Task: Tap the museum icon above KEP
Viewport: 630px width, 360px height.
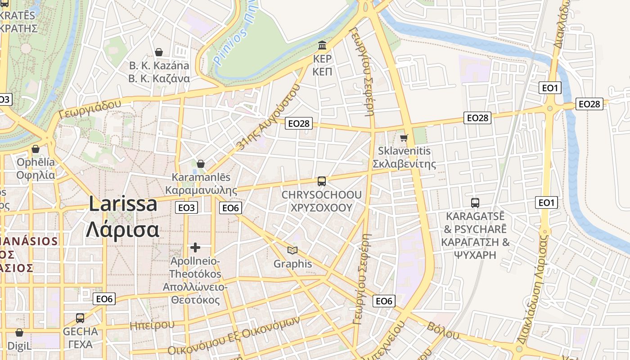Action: pos(322,45)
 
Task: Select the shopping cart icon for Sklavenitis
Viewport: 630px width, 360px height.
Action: pos(404,137)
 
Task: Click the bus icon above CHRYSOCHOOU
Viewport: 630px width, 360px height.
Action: pos(322,181)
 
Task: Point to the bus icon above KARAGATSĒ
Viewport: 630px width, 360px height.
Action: pos(475,202)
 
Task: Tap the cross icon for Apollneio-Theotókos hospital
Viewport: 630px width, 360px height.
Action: pos(195,247)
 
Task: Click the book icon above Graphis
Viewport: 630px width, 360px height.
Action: pos(292,250)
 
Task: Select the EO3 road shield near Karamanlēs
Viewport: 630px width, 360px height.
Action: pos(186,207)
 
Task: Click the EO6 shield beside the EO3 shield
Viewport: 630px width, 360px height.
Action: pos(230,207)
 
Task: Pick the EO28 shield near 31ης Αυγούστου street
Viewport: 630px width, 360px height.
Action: pos(299,123)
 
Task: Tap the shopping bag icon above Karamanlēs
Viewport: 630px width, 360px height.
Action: pos(201,164)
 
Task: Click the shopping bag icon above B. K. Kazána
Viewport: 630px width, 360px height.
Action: pos(159,52)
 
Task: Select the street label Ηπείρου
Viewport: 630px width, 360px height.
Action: pos(152,325)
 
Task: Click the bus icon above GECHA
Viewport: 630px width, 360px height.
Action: pos(80,318)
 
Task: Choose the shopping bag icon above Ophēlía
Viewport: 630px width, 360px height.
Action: pos(36,149)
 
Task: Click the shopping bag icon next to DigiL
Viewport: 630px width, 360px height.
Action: pos(19,333)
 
